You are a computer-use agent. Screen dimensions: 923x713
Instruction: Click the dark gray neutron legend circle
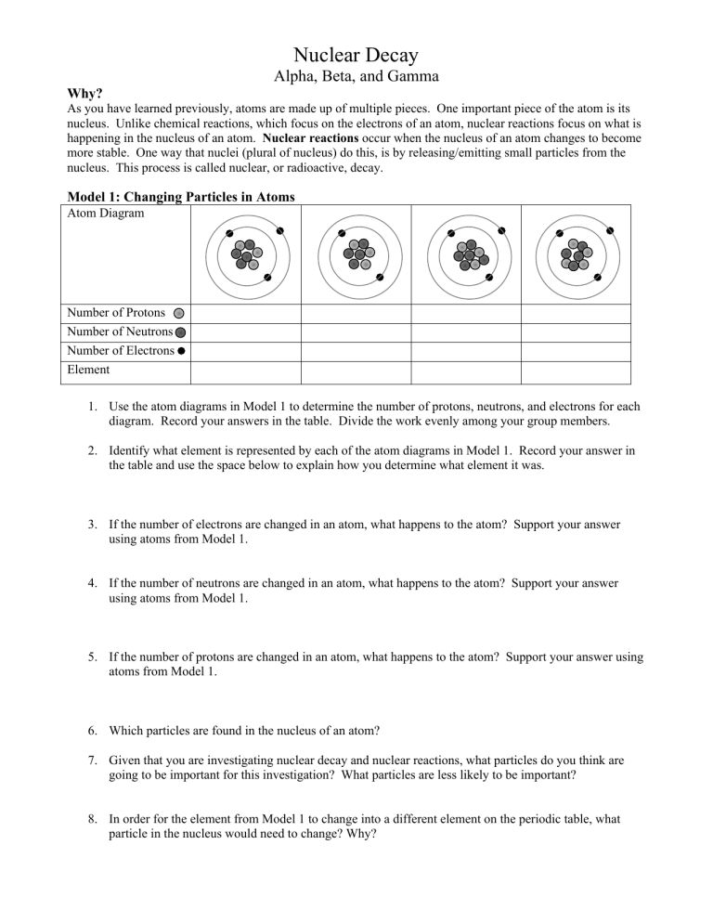point(180,332)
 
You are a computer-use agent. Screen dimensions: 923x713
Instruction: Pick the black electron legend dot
point(181,351)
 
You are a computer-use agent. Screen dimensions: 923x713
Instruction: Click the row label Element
point(88,370)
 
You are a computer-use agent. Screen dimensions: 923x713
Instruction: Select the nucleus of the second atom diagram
point(357,252)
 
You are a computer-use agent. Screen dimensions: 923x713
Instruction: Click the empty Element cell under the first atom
point(245,371)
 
